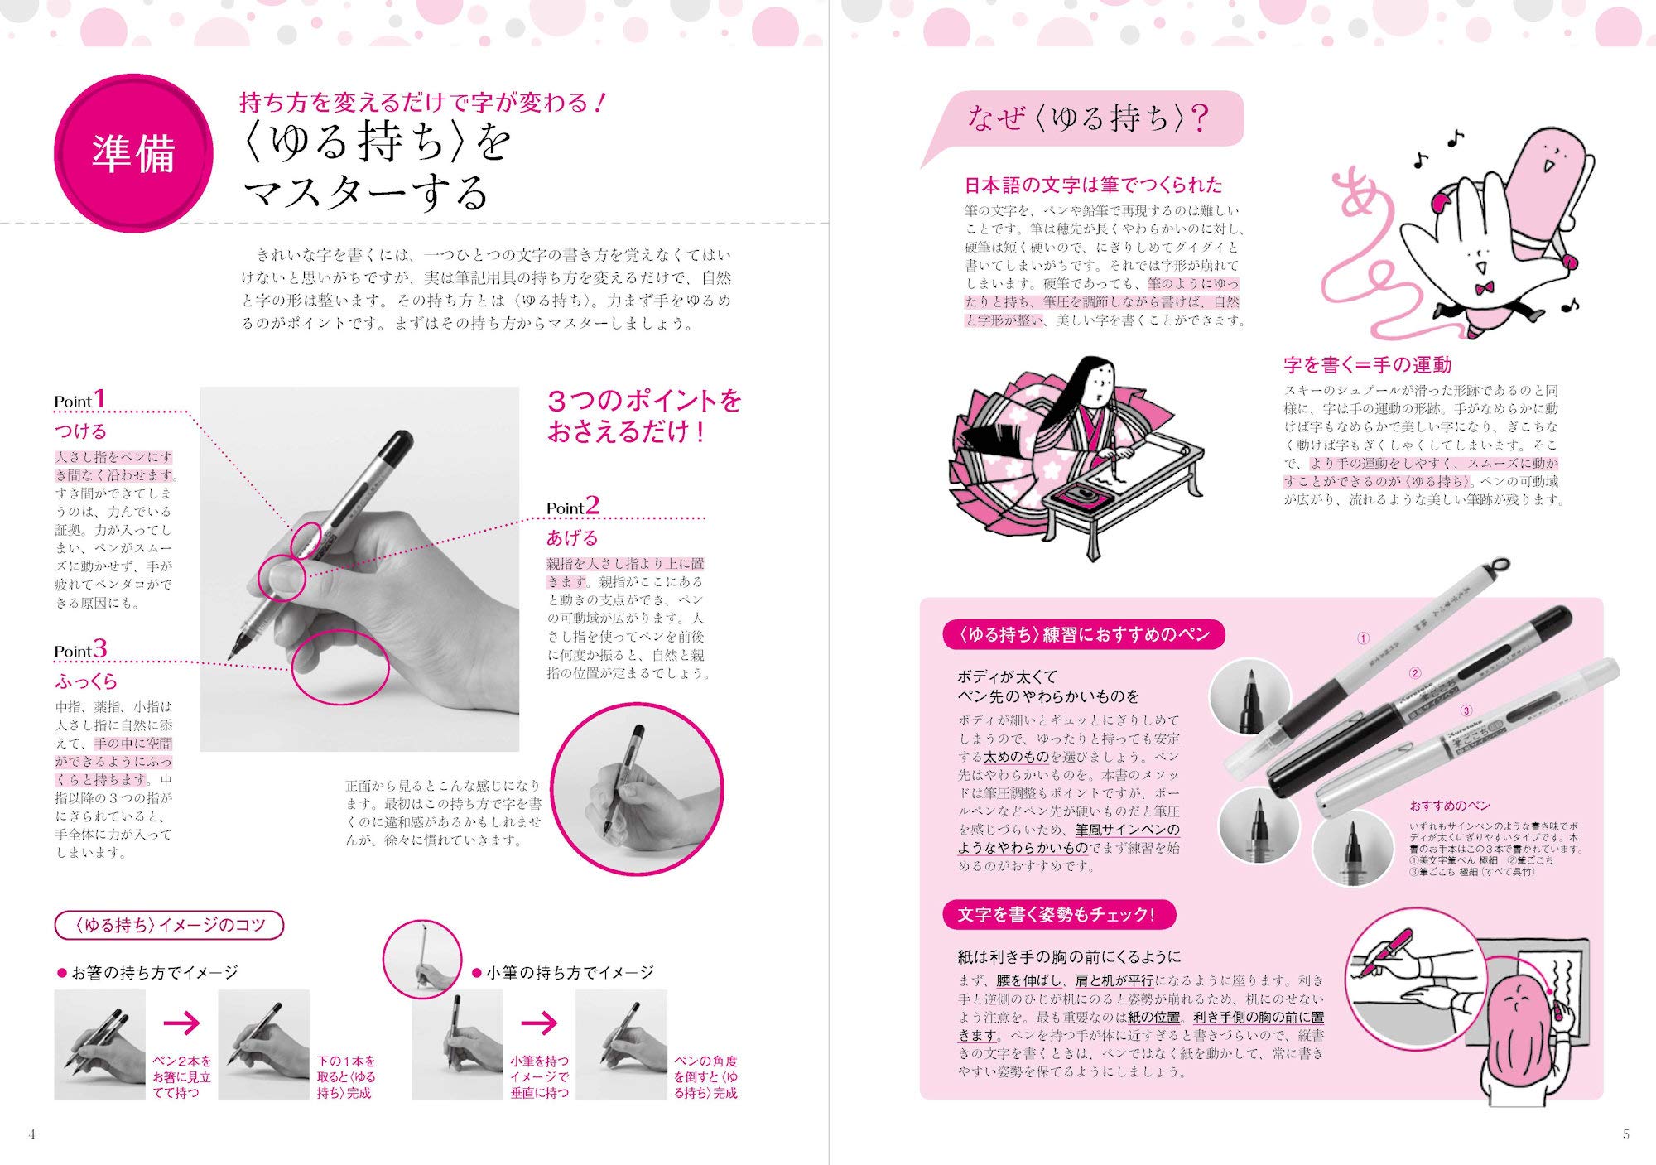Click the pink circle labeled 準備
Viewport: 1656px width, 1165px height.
tap(132, 154)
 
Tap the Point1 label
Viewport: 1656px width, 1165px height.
tap(79, 400)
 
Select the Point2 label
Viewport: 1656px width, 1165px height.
tap(572, 507)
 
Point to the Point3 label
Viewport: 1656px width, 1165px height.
tap(80, 650)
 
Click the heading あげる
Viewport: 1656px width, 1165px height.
tap(571, 538)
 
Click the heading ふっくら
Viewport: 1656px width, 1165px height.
tap(86, 681)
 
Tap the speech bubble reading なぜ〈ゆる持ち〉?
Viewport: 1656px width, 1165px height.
tap(1086, 119)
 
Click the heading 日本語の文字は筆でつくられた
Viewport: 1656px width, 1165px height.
tap(1092, 185)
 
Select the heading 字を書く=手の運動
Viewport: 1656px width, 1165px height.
tap(1367, 364)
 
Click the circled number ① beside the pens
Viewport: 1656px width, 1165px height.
tap(1363, 638)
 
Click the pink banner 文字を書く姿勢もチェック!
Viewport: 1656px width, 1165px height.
tap(1058, 915)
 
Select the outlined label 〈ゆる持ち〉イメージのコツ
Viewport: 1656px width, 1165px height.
tap(169, 925)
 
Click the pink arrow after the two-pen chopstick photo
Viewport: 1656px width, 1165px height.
tap(181, 1023)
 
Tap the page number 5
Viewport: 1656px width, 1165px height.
tap(1625, 1134)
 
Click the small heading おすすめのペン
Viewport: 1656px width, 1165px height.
tap(1449, 806)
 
